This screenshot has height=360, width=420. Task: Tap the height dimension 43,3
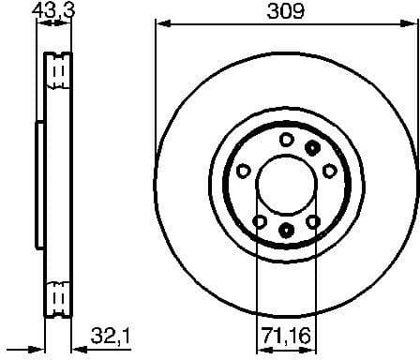[x=53, y=10]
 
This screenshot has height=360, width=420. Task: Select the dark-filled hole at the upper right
[x=313, y=145]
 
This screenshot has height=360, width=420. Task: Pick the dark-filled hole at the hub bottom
[x=286, y=231]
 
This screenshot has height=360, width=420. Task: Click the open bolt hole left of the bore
[x=243, y=171]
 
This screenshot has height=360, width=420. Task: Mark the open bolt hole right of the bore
[x=330, y=171]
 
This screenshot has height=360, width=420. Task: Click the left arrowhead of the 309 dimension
[x=158, y=22]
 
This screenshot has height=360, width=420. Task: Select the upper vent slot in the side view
[x=58, y=71]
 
